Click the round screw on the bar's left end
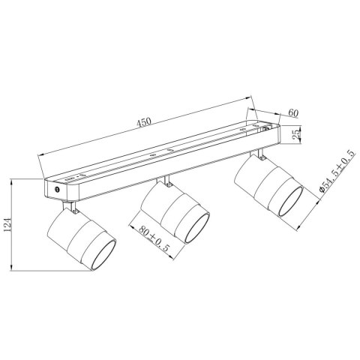58,192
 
